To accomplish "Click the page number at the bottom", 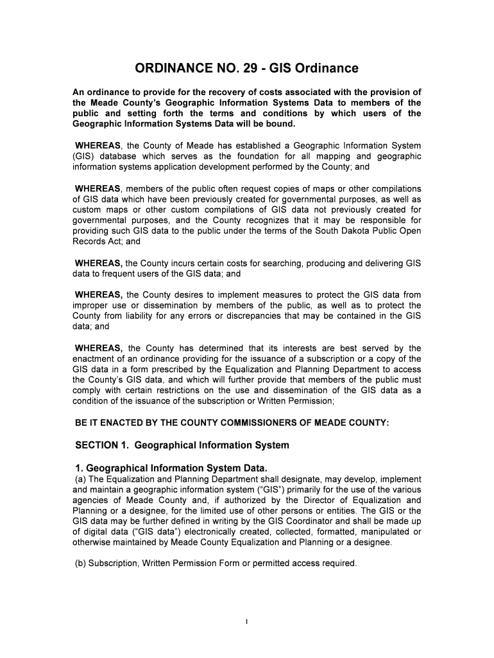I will tap(247, 621).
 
